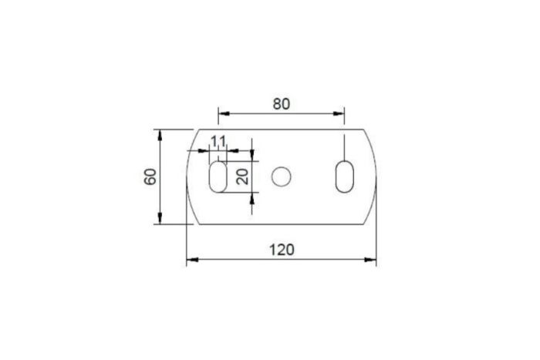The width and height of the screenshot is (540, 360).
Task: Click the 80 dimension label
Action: point(282,104)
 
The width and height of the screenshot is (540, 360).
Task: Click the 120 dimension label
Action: point(282,250)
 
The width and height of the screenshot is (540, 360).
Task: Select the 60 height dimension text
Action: point(150,177)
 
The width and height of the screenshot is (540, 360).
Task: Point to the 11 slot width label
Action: point(218,141)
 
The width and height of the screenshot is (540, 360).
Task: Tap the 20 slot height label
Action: point(243,177)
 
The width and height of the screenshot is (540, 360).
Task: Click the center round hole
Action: point(281,177)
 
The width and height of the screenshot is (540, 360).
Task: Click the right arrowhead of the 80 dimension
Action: point(339,113)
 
